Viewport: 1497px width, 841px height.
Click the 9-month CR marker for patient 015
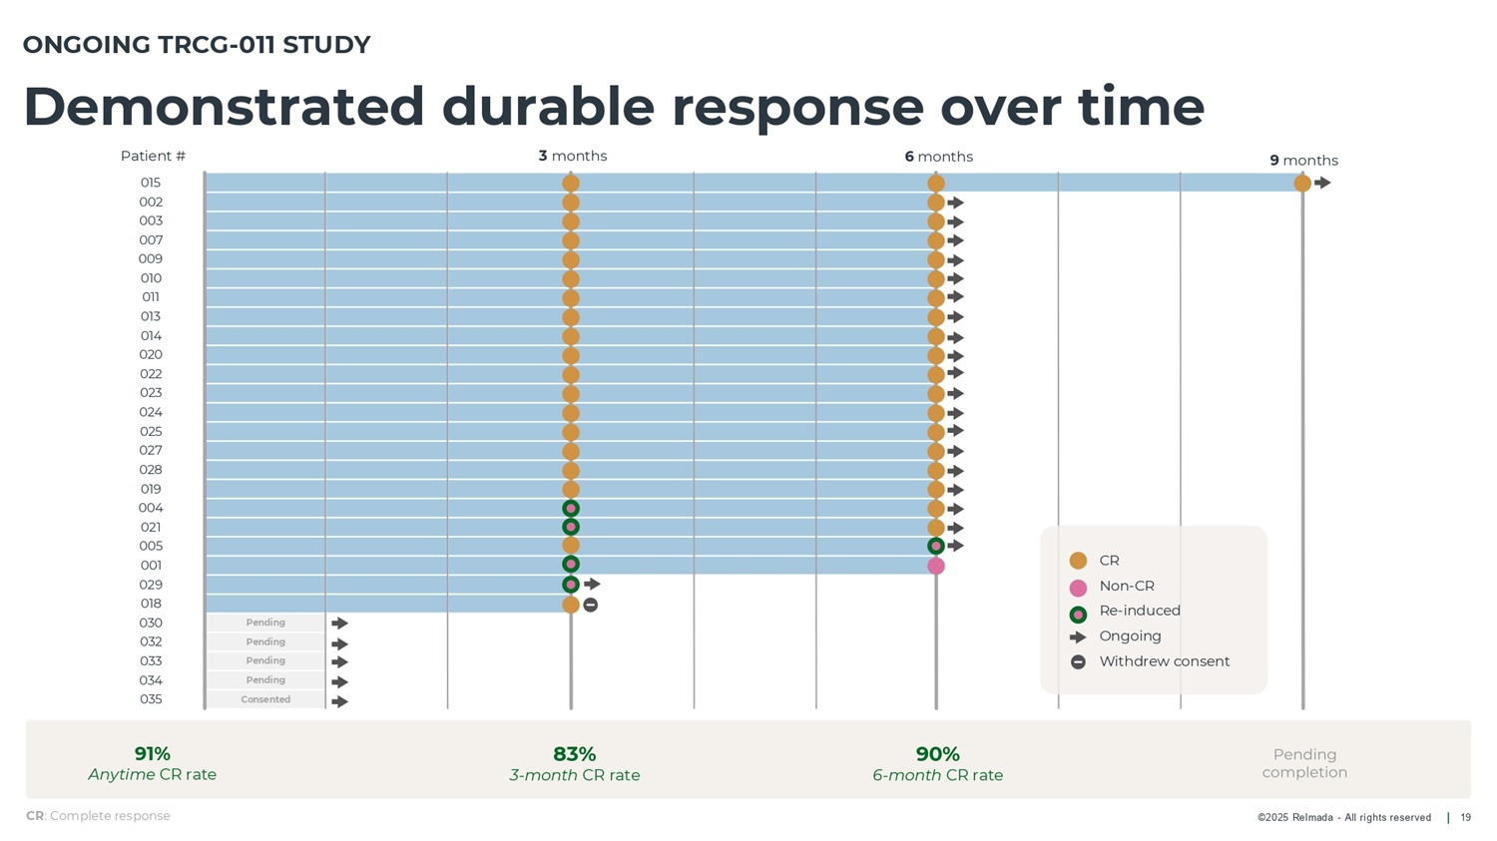coord(1302,183)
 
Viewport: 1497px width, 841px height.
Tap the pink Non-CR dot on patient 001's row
coord(935,566)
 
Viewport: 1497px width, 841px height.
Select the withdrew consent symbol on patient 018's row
coord(591,605)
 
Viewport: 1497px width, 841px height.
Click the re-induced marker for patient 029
coord(571,585)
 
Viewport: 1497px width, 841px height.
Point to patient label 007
coord(151,240)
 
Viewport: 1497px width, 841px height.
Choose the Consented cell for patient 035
coord(265,699)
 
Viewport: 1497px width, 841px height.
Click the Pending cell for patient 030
coord(265,623)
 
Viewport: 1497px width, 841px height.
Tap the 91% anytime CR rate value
coord(153,754)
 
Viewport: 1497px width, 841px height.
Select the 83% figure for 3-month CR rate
coord(574,754)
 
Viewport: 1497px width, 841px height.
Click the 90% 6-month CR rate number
coord(937,754)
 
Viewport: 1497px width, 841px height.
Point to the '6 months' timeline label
coord(938,157)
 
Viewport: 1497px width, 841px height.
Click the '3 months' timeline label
coord(572,156)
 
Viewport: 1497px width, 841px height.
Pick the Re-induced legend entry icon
coord(1078,615)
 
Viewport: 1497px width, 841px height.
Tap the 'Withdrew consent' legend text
coord(1164,661)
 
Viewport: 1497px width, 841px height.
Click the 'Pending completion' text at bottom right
coord(1304,763)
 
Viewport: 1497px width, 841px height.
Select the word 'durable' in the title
coord(548,106)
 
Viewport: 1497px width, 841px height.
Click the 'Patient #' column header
coord(153,156)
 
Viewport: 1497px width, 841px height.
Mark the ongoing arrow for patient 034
coord(339,682)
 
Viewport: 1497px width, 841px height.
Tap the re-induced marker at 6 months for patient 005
coord(935,546)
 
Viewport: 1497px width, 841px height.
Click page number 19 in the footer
coord(1465,818)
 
